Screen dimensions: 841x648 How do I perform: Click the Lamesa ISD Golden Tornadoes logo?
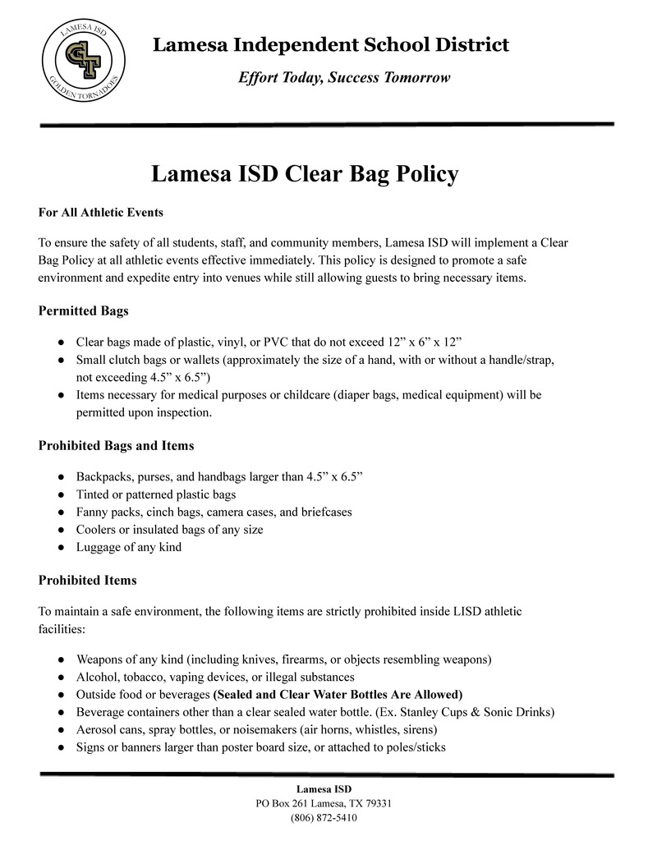click(x=83, y=60)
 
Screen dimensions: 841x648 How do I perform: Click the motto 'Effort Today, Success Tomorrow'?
click(x=344, y=78)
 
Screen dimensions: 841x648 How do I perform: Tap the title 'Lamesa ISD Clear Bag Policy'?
click(x=305, y=174)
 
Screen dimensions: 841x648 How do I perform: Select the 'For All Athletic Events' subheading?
click(x=101, y=213)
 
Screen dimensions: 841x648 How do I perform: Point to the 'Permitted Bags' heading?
click(x=83, y=311)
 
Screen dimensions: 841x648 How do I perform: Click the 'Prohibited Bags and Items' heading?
click(x=117, y=446)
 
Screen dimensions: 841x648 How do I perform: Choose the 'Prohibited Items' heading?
click(x=88, y=580)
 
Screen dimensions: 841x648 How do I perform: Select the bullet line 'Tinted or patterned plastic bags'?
click(x=156, y=494)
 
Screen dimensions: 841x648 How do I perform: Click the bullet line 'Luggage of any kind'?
click(x=129, y=547)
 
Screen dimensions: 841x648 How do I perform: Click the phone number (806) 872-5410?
click(x=324, y=818)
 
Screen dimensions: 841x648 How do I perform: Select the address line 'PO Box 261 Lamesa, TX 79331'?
click(x=324, y=803)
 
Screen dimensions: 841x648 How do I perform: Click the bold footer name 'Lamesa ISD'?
click(x=324, y=788)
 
